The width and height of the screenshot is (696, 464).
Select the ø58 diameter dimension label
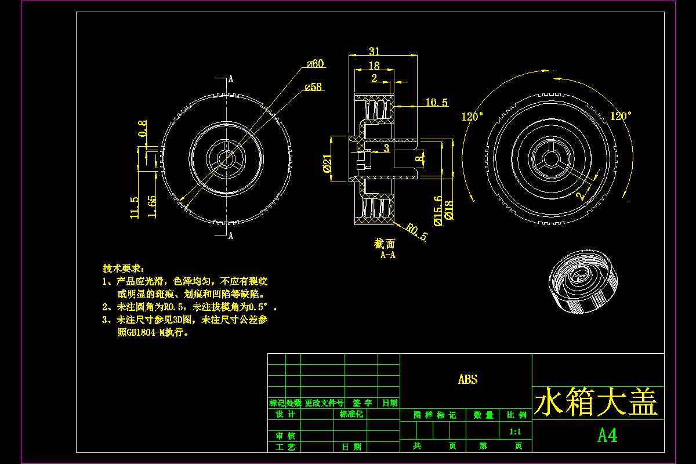click(x=313, y=87)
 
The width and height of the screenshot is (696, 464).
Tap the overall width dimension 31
click(x=374, y=51)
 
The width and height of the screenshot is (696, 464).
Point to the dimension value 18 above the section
click(x=374, y=66)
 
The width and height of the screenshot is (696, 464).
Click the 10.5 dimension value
click(x=437, y=103)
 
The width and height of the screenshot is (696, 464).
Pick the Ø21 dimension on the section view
click(x=327, y=165)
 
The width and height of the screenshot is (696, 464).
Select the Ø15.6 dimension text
click(x=437, y=210)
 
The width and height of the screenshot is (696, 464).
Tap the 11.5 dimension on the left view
click(x=135, y=207)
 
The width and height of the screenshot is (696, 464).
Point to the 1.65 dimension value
click(x=152, y=206)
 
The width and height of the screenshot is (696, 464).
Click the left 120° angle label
click(x=472, y=117)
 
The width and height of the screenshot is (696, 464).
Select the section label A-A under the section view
click(x=388, y=255)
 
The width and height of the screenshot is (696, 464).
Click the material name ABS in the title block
click(x=467, y=380)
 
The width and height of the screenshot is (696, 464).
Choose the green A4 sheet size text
click(x=607, y=436)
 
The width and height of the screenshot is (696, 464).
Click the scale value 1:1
click(x=515, y=432)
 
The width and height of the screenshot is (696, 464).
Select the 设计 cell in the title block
click(x=285, y=414)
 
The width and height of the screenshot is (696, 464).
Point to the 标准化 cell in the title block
click(x=351, y=414)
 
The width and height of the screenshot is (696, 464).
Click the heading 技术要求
click(x=122, y=269)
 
